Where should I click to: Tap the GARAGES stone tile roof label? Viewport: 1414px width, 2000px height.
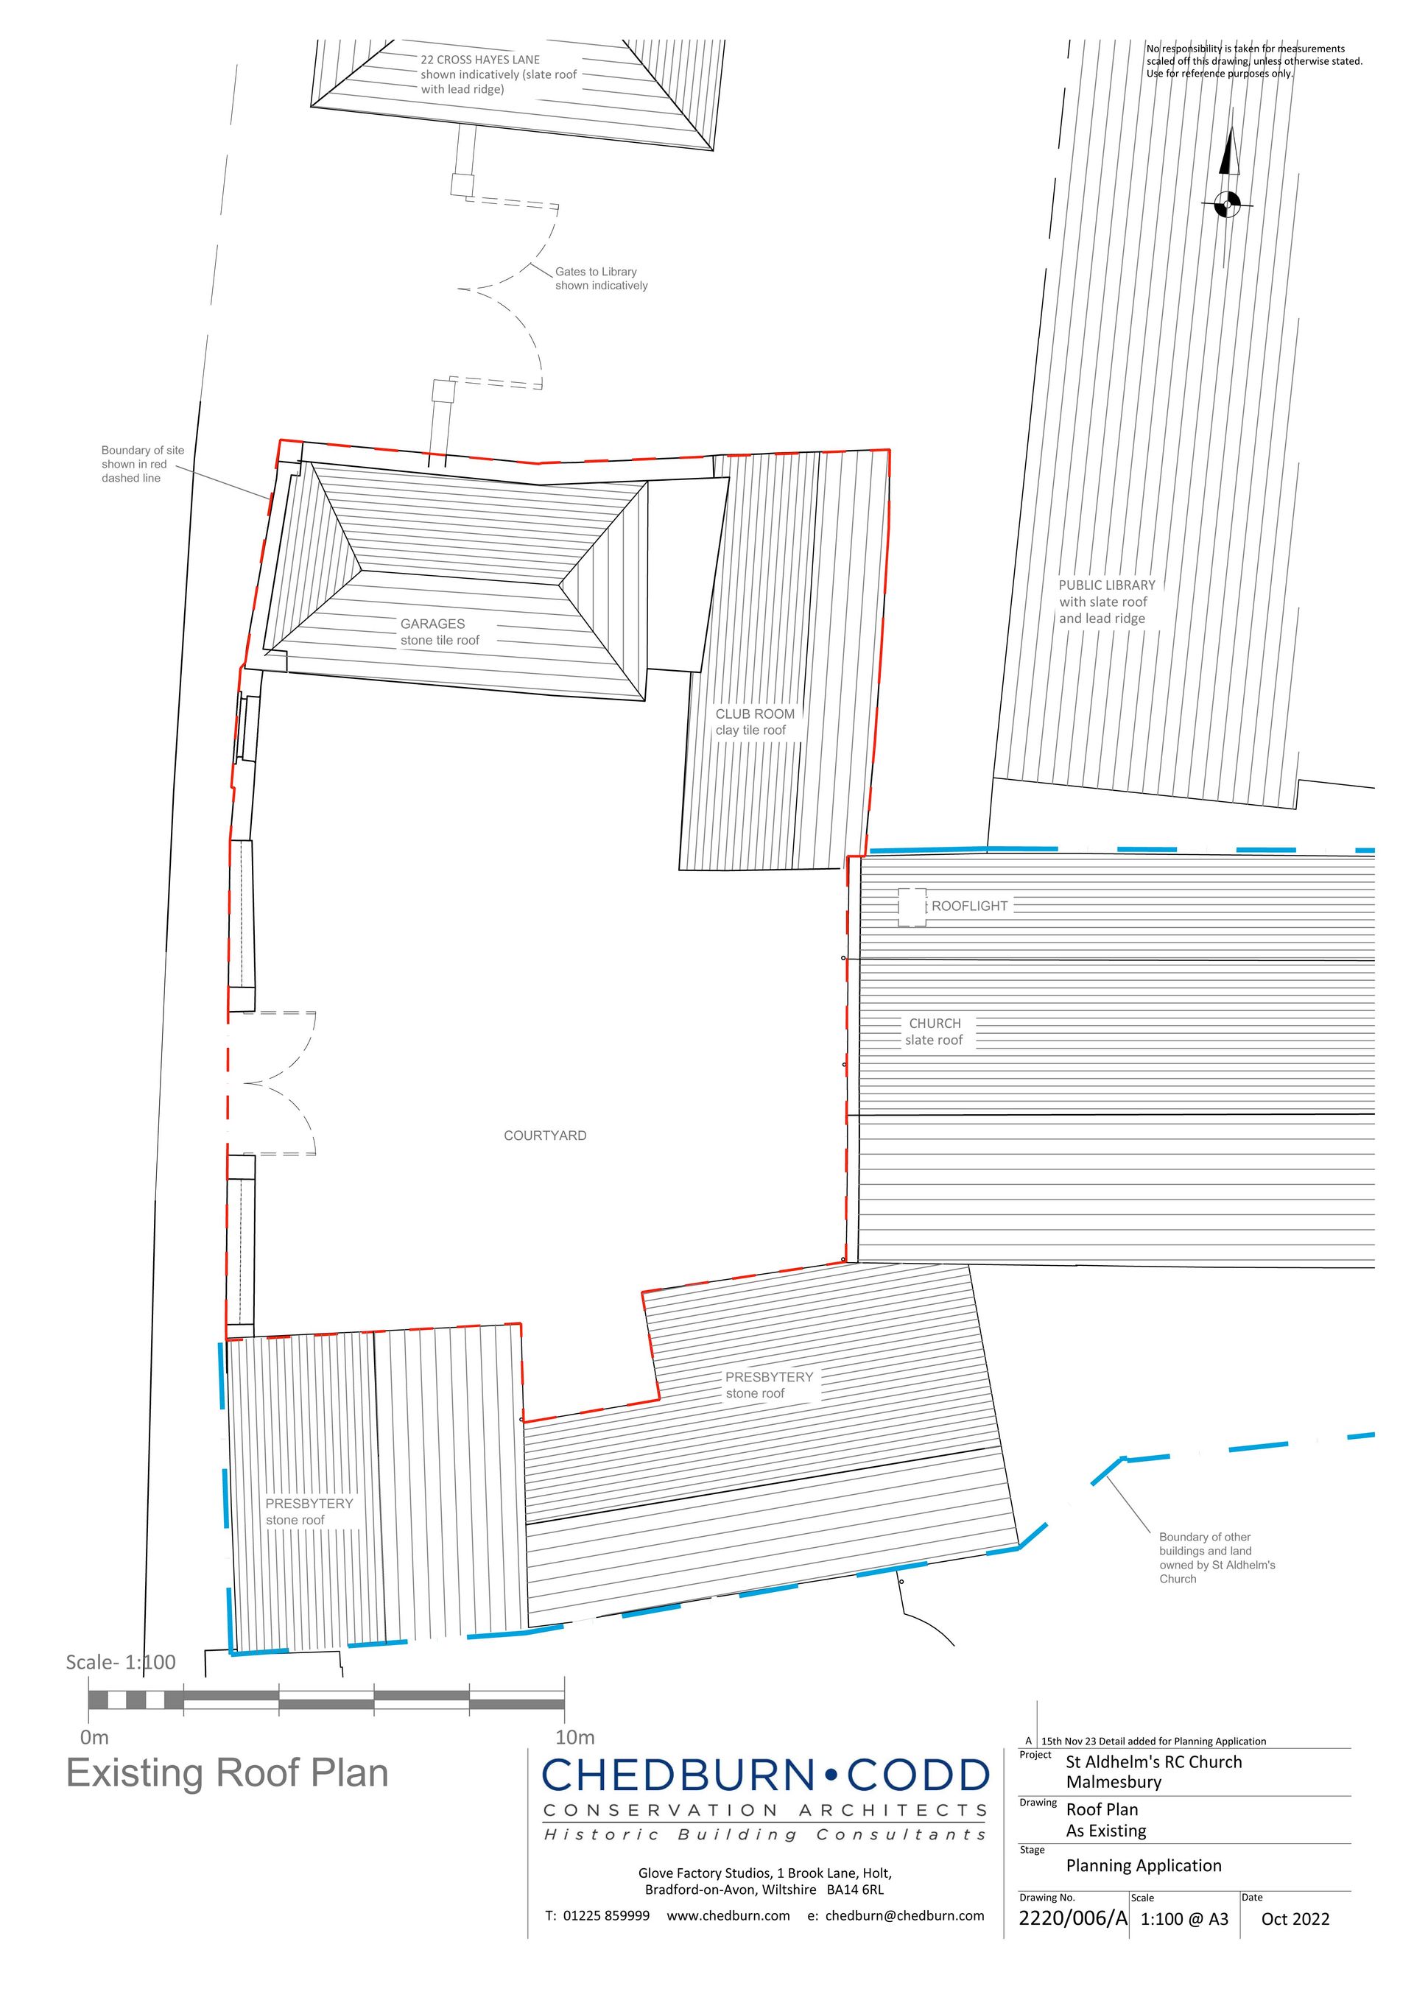pyautogui.click(x=440, y=633)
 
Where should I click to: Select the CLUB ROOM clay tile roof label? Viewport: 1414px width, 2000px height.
pyautogui.click(x=754, y=722)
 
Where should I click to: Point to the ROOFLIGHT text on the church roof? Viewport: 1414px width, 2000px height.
pyautogui.click(x=970, y=906)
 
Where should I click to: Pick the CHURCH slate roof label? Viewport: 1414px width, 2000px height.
pyautogui.click(x=934, y=1032)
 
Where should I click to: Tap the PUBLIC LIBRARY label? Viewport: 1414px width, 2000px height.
pyautogui.click(x=1106, y=602)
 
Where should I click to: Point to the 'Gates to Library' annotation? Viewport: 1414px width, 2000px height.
pyautogui.click(x=601, y=279)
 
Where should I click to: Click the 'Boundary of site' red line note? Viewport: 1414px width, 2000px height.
pyautogui.click(x=143, y=464)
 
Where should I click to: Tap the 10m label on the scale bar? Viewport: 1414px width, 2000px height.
pyautogui.click(x=575, y=1737)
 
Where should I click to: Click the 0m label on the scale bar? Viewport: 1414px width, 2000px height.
pyautogui.click(x=94, y=1737)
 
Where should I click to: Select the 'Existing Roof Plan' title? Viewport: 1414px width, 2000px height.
pyautogui.click(x=228, y=1773)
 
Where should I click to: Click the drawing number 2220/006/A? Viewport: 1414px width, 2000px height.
pyautogui.click(x=1072, y=1918)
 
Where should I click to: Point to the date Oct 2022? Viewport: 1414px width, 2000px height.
pyautogui.click(x=1295, y=1919)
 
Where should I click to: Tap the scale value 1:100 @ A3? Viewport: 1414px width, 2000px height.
pyautogui.click(x=1184, y=1919)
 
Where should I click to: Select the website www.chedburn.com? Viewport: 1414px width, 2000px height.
pyautogui.click(x=728, y=1915)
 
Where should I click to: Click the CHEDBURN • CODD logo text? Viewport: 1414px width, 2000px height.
pyautogui.click(x=766, y=1776)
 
